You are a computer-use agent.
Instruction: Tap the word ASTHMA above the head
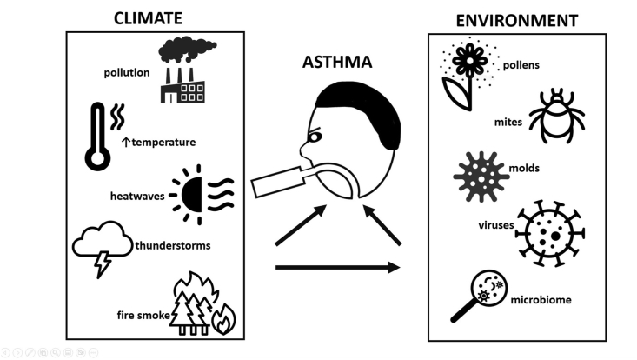tap(337, 63)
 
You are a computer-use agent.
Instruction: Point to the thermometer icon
tap(97, 135)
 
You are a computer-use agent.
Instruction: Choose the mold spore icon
tap(481, 177)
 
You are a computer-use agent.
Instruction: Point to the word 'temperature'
tap(163, 142)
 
